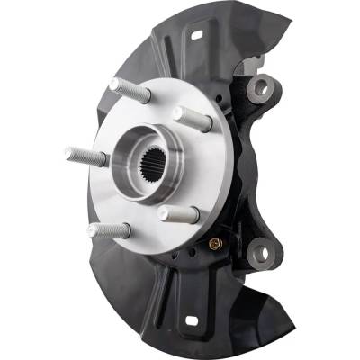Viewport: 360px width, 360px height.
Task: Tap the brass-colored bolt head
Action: pyautogui.click(x=214, y=242)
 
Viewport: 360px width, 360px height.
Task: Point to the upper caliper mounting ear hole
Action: pyautogui.click(x=261, y=87)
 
